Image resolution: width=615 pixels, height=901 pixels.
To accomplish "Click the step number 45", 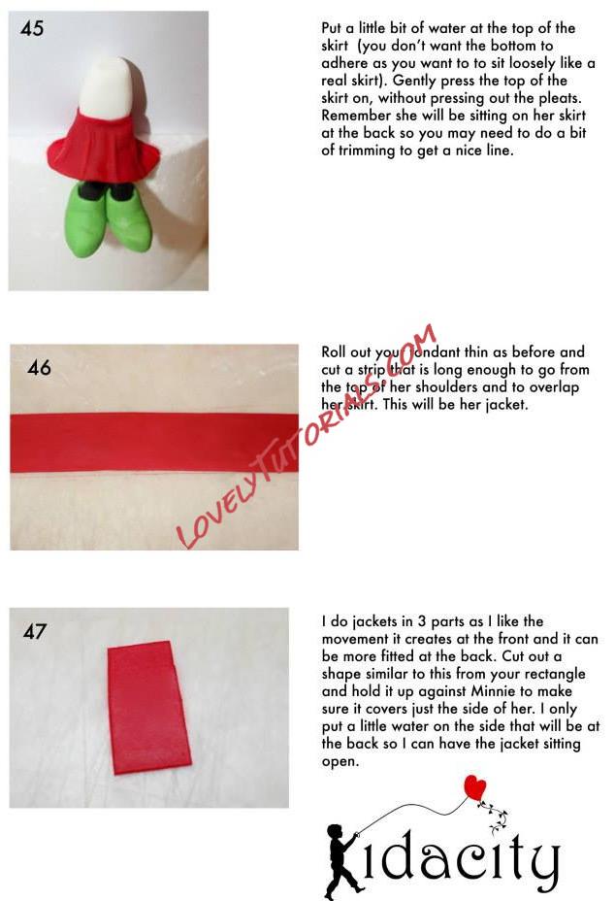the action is click(x=32, y=28).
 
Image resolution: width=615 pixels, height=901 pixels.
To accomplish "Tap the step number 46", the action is click(x=39, y=367).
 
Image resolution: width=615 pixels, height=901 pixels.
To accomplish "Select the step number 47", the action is click(x=35, y=631).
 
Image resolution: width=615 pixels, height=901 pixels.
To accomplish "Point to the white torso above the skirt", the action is click(x=108, y=86).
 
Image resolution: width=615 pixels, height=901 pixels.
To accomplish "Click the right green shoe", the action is click(x=129, y=217).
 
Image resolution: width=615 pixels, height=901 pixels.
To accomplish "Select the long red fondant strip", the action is click(x=154, y=443).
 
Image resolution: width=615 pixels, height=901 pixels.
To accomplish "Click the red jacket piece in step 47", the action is click(x=148, y=708).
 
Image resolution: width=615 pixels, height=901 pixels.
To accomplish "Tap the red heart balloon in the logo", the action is click(x=474, y=787).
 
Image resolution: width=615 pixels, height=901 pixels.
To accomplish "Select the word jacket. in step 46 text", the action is click(x=506, y=405).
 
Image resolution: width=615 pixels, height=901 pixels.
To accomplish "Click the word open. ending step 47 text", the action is click(x=340, y=762).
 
